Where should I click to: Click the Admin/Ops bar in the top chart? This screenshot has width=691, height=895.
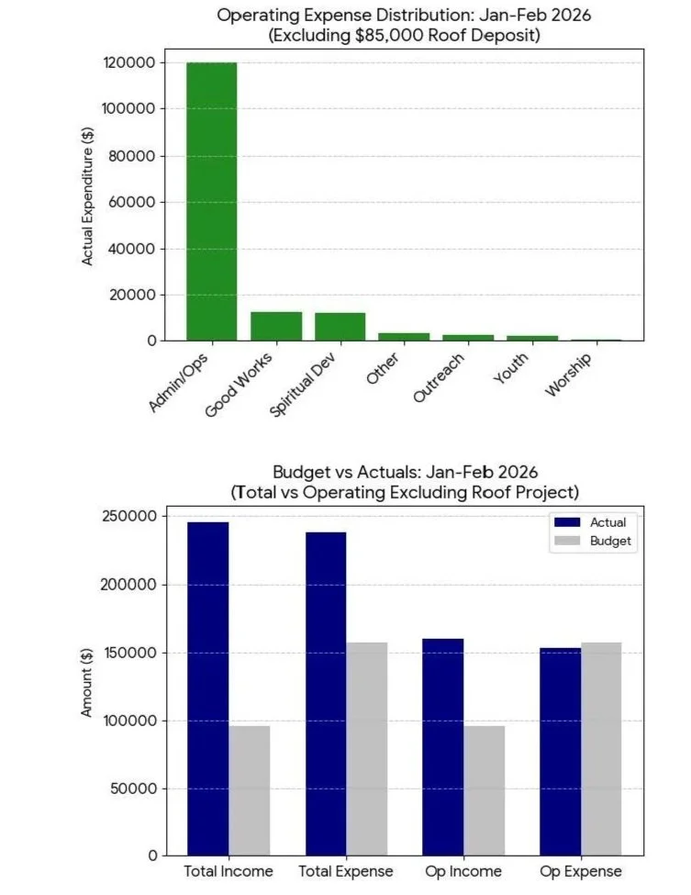[211, 202]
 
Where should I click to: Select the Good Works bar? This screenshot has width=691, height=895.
[276, 327]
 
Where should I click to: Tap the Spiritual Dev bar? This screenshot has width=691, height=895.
[340, 328]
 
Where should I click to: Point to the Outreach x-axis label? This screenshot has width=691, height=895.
[439, 378]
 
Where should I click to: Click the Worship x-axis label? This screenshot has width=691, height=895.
[568, 375]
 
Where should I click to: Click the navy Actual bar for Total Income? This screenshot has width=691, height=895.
[207, 688]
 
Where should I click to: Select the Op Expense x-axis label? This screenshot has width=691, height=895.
[580, 871]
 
